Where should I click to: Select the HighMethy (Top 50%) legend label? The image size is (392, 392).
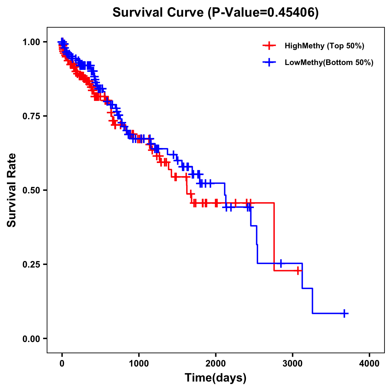324,46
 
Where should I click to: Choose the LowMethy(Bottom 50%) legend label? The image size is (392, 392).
329,62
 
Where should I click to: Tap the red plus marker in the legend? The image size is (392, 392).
269,46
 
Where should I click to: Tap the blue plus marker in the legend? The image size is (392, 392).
269,62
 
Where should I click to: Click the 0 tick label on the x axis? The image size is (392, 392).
62,364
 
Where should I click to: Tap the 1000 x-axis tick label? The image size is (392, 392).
139,364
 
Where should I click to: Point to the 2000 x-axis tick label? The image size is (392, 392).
216,364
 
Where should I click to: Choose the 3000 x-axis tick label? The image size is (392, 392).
293,364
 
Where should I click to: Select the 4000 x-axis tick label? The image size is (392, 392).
369,364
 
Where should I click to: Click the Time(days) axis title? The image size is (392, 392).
216,378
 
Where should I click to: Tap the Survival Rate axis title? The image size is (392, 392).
12,190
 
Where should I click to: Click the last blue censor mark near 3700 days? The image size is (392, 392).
344,313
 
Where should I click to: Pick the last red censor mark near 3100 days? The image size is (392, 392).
298,270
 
